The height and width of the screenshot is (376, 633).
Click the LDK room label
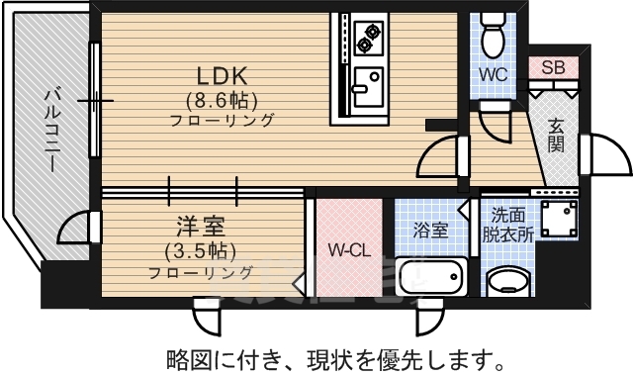[x=221, y=75]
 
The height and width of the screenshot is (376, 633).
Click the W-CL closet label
[x=348, y=250]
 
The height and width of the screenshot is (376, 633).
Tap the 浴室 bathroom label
[x=430, y=230]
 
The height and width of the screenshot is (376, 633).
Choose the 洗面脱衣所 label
[x=509, y=225]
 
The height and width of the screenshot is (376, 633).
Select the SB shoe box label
[x=554, y=67]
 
